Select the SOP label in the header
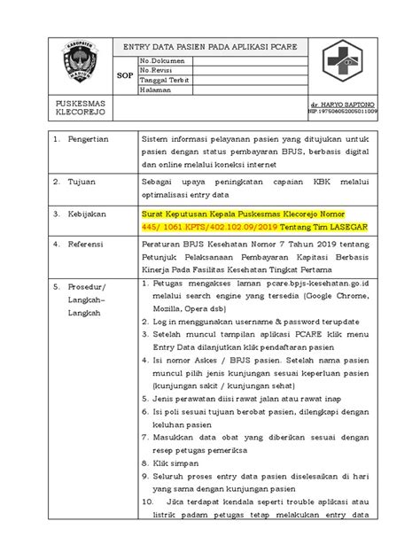tap(125, 76)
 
